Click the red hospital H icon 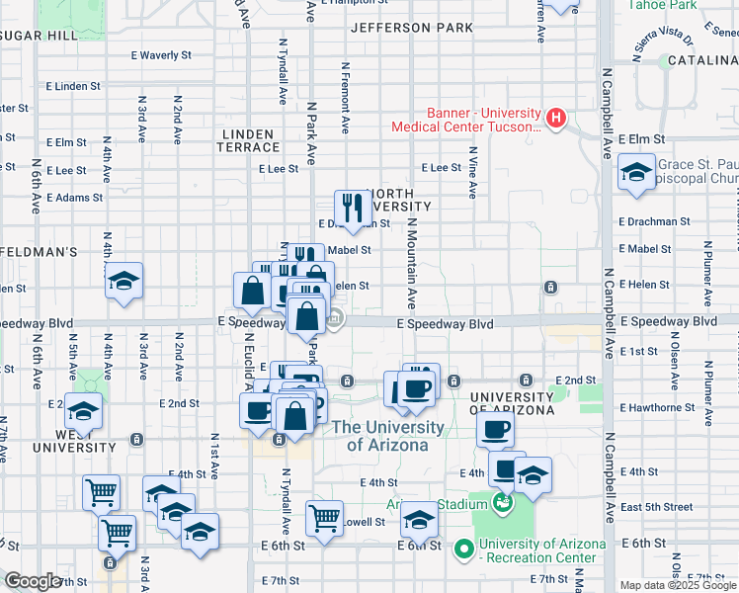pos(555,119)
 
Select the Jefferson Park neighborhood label pos(412,28)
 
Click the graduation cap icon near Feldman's pos(124,281)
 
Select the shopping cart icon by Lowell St pos(324,518)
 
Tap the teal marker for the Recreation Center pos(462,547)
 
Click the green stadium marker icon pos(503,503)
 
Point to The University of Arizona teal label pos(387,436)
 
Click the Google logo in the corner pos(33,581)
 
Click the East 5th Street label pos(657,507)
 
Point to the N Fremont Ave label pos(345,99)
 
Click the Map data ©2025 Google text pos(677,585)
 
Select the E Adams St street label pos(74,198)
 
